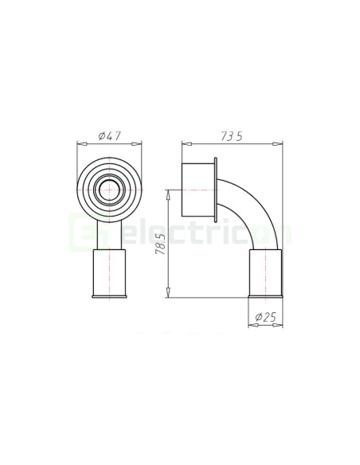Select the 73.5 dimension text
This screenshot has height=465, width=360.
[x=232, y=136]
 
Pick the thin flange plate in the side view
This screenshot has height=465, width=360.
[x=217, y=190]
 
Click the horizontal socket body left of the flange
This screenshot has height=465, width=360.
[x=198, y=190]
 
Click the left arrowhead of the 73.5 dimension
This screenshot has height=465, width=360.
[x=185, y=145]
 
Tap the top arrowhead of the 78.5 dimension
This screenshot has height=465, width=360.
[x=170, y=192]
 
